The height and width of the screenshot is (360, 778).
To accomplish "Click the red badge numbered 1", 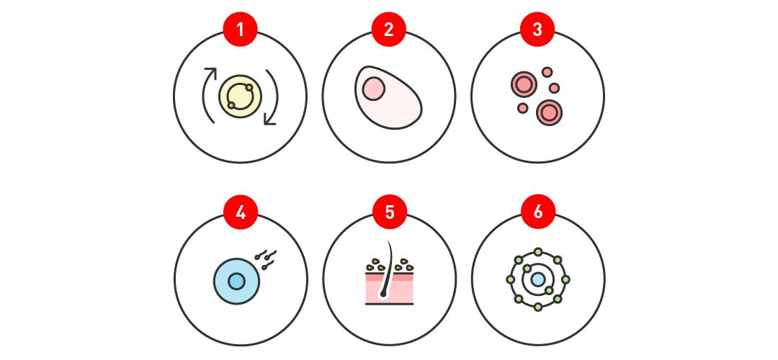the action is click(x=240, y=30).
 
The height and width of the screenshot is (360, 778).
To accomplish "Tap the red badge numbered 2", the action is click(x=389, y=30).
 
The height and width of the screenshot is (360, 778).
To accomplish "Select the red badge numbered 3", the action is click(x=537, y=30).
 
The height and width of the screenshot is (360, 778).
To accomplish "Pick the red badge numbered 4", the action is click(x=241, y=212).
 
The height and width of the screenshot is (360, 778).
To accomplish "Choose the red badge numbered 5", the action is click(x=390, y=212).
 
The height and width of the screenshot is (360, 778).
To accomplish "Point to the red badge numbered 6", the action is click(x=538, y=212).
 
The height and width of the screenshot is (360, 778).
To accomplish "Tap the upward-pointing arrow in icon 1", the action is click(x=204, y=96).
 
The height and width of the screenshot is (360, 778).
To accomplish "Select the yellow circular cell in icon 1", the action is click(x=240, y=96).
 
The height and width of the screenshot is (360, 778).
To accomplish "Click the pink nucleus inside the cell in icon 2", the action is click(x=374, y=89).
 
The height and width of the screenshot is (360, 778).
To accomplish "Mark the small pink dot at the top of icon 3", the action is click(x=547, y=72).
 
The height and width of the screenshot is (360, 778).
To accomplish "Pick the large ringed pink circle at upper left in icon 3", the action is click(x=524, y=84).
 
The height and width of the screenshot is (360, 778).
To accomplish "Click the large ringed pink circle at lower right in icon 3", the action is click(x=549, y=112).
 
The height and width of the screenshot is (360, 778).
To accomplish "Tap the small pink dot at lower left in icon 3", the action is click(x=522, y=107).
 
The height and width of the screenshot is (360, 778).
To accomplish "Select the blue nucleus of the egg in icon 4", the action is click(x=237, y=281).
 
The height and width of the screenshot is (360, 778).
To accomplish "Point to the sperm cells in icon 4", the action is click(x=265, y=260).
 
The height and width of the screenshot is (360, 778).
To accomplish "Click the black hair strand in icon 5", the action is click(x=385, y=271).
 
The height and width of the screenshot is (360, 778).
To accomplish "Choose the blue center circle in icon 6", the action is click(x=538, y=279).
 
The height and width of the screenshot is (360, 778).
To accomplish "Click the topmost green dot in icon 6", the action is click(x=538, y=252).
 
